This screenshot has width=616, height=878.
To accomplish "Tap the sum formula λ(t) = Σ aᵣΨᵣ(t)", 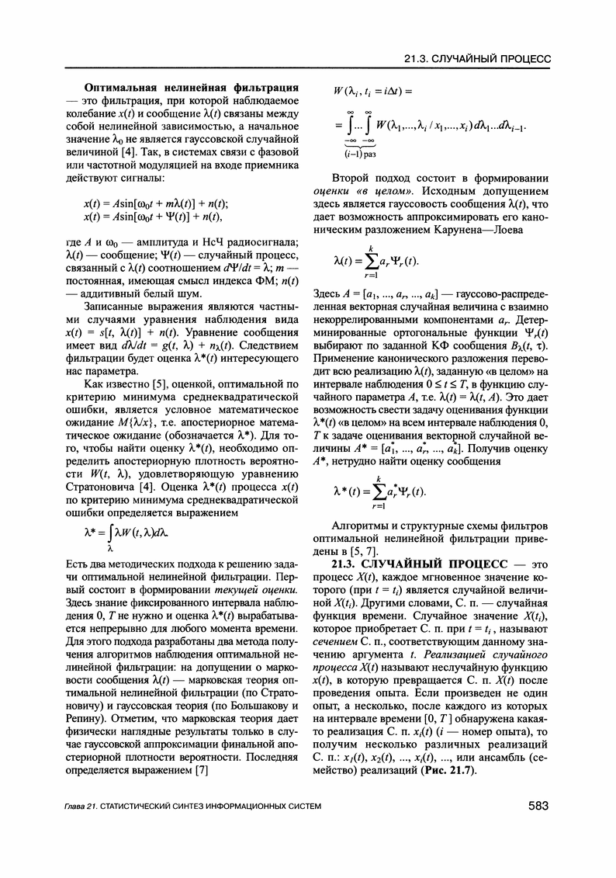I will (x=376, y=262).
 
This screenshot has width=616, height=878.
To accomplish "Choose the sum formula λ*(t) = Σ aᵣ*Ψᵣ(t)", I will (x=379, y=493).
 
